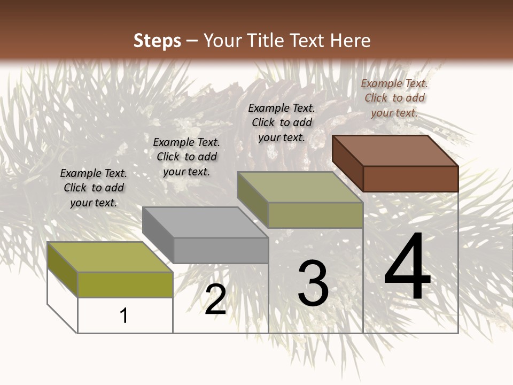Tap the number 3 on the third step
[x=313, y=283]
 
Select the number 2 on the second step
[x=215, y=299]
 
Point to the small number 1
[x=124, y=315]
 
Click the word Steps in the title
[x=157, y=41]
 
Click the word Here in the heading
[x=351, y=41]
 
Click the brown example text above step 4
[x=394, y=98]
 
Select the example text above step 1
[x=94, y=188]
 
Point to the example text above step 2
[x=186, y=157]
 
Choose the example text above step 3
[x=280, y=122]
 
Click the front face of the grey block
[x=221, y=250]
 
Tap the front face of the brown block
[x=410, y=179]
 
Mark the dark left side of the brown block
[x=347, y=163]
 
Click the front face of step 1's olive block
[x=125, y=284]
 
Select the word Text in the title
[x=310, y=41]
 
